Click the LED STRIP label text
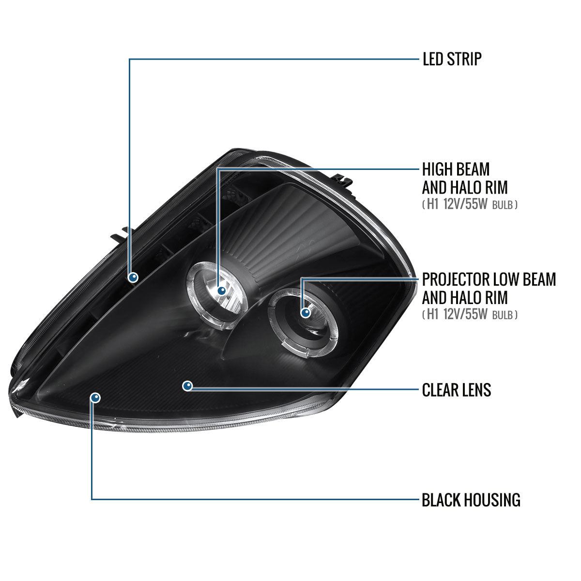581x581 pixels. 452,59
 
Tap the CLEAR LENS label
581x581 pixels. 457,390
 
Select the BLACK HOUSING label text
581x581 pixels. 471,500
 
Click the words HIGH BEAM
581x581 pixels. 456,169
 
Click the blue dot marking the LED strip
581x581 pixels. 133,277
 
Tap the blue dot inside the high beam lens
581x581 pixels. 222,291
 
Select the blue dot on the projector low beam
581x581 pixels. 306,313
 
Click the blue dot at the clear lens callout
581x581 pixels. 187,386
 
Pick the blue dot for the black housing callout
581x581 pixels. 95,398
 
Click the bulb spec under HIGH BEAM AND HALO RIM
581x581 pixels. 470,204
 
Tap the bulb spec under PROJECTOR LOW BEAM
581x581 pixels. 470,315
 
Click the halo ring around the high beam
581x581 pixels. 217,295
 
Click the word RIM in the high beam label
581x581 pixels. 496,187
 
